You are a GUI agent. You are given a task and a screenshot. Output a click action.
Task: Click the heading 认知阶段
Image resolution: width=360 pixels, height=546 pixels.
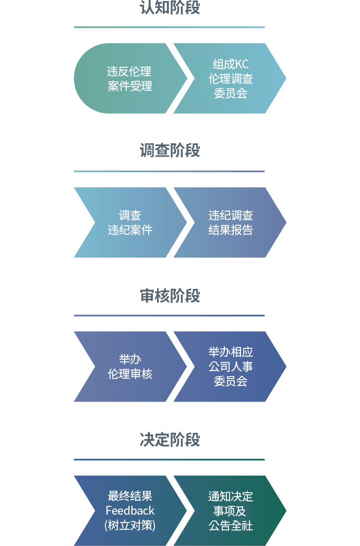[170, 7]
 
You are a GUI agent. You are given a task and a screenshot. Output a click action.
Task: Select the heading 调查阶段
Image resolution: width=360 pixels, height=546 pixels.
[170, 150]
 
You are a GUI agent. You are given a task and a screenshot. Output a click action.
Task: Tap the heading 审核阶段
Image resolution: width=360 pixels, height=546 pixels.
[170, 296]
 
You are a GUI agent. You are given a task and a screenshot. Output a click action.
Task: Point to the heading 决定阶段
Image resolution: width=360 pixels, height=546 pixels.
[170, 440]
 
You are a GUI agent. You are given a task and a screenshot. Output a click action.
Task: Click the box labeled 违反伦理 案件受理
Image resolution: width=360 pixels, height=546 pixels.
[129, 78]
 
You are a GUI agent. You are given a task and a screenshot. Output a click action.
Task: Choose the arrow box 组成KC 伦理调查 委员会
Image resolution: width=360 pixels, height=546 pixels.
[230, 78]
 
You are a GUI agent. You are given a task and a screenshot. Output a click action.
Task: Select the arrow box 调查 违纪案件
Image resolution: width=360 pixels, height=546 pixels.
[129, 223]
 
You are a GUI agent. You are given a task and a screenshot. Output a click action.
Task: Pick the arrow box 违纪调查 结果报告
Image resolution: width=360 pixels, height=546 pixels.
[230, 223]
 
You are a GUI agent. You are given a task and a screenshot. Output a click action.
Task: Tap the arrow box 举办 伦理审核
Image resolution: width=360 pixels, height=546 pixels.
[129, 367]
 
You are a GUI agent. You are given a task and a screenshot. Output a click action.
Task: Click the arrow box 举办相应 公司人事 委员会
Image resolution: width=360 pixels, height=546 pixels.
[230, 367]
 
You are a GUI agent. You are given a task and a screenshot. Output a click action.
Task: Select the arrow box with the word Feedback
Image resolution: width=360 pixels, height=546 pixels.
[129, 511]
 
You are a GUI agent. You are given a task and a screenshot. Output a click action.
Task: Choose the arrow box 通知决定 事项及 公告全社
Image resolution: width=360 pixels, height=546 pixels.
[230, 511]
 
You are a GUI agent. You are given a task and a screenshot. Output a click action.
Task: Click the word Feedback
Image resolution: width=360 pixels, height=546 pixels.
[130, 511]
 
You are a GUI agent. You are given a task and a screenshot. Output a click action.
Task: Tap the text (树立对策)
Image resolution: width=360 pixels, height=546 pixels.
[130, 525]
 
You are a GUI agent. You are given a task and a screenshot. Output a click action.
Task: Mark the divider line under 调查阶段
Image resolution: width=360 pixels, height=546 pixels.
[170, 172]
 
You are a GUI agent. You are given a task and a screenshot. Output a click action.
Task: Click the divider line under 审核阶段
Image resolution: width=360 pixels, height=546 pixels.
[170, 316]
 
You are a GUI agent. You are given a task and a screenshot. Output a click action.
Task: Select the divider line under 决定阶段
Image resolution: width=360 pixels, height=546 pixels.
[170, 459]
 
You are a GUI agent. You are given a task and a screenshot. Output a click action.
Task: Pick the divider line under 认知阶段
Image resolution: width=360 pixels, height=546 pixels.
[170, 27]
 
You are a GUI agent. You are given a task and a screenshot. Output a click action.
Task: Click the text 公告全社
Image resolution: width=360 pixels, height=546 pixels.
[231, 526]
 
